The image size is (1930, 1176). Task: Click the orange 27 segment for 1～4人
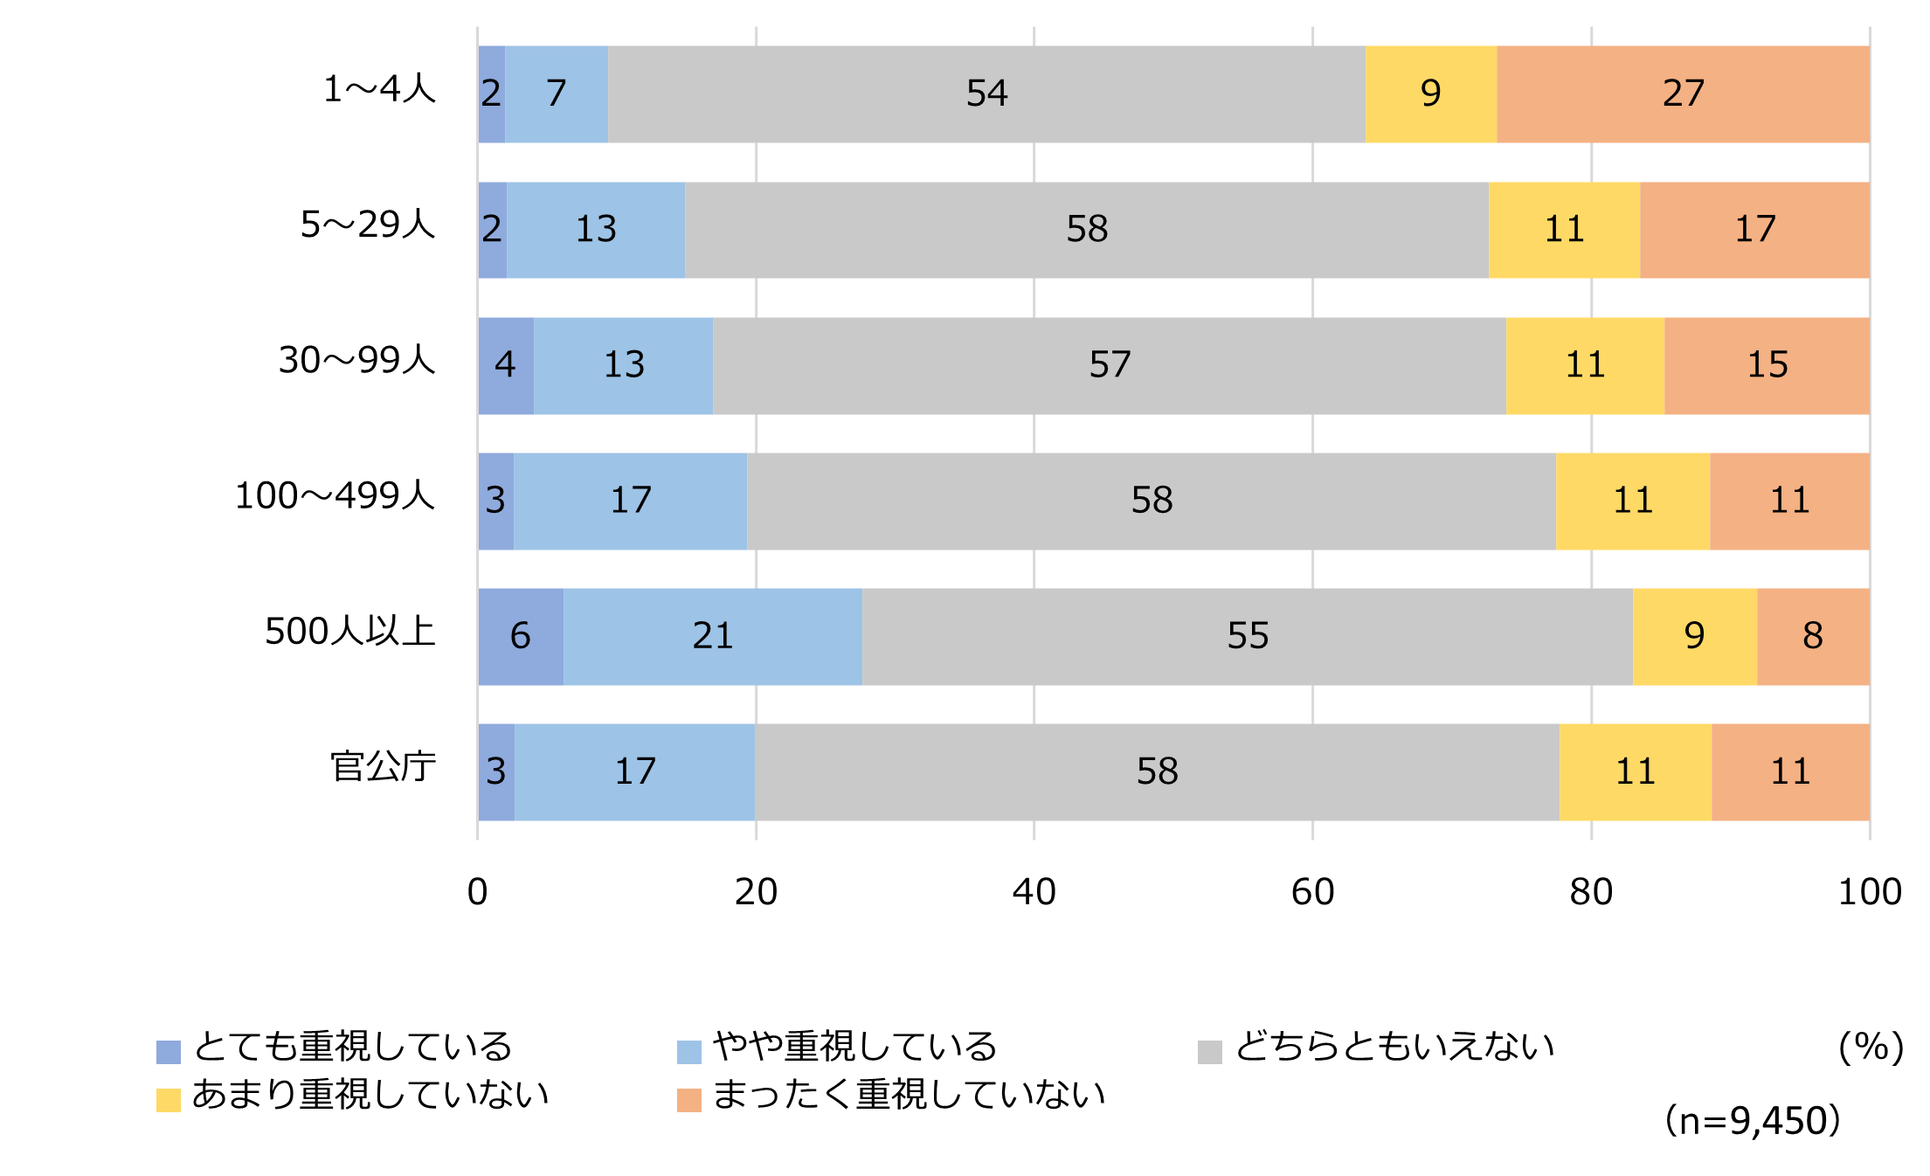[x=1683, y=93]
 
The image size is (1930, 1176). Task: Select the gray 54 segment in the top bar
[x=986, y=93]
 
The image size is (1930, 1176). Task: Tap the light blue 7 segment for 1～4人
[x=557, y=93]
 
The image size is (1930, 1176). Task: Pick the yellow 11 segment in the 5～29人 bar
[x=1564, y=230]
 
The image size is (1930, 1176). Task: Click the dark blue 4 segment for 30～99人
[x=505, y=365]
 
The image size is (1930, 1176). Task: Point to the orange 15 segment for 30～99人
[x=1767, y=365]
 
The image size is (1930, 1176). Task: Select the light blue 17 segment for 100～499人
[x=630, y=501]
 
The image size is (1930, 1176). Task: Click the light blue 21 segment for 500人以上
[x=712, y=636]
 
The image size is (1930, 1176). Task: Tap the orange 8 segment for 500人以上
[x=1813, y=636]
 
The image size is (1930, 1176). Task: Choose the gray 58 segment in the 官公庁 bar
[x=1157, y=771]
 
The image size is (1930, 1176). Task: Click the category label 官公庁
[x=383, y=767]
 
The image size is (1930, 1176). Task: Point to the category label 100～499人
[x=335, y=496]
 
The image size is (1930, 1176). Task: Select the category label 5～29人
[x=368, y=225]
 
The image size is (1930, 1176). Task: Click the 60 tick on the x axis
[x=1312, y=892]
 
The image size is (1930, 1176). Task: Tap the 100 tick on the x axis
[x=1870, y=892]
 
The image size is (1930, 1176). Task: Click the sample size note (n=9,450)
[x=1753, y=1121]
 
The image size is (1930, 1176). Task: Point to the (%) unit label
[x=1871, y=1047]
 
